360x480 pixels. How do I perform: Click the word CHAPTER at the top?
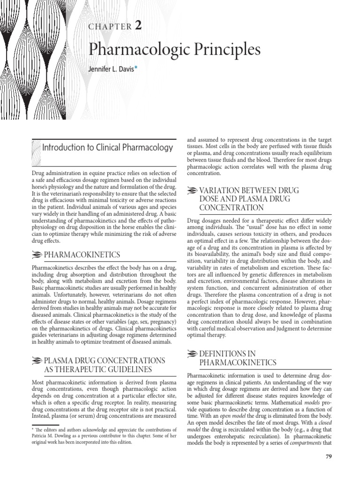click(x=110, y=27)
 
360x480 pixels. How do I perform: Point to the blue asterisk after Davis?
click(x=136, y=68)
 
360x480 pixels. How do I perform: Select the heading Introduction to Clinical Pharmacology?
click(x=107, y=148)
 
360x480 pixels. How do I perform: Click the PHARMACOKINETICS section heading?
click(x=82, y=255)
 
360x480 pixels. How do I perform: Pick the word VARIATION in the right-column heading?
click(x=221, y=190)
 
